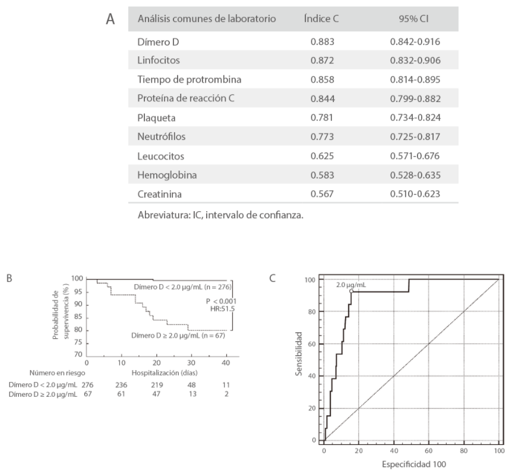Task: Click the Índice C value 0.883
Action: pyautogui.click(x=323, y=42)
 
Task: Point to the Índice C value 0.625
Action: pyautogui.click(x=323, y=155)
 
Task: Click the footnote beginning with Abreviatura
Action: pyautogui.click(x=220, y=215)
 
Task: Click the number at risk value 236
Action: pyautogui.click(x=122, y=385)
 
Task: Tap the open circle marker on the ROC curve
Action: pyautogui.click(x=352, y=291)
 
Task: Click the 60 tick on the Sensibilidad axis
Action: pyautogui.click(x=312, y=344)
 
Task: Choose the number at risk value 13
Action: pyautogui.click(x=191, y=394)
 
